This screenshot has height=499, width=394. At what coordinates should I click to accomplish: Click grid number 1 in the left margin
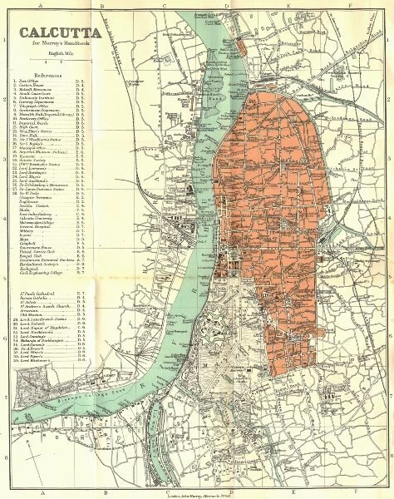pyautogui.click(x=5, y=38)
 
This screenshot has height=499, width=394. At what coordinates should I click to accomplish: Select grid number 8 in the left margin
pyautogui.click(x=5, y=445)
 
